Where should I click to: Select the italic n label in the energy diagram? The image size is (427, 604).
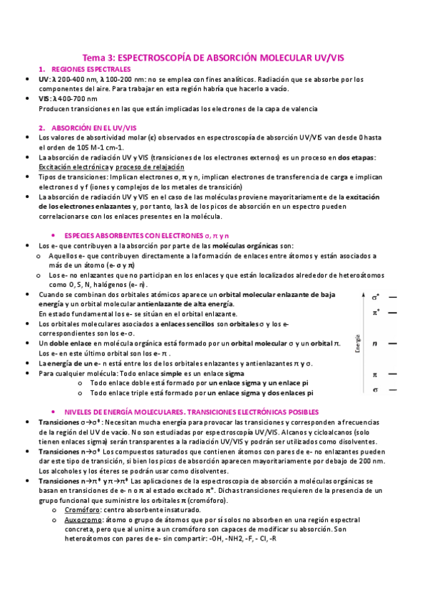pyautogui.click(x=375, y=343)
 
